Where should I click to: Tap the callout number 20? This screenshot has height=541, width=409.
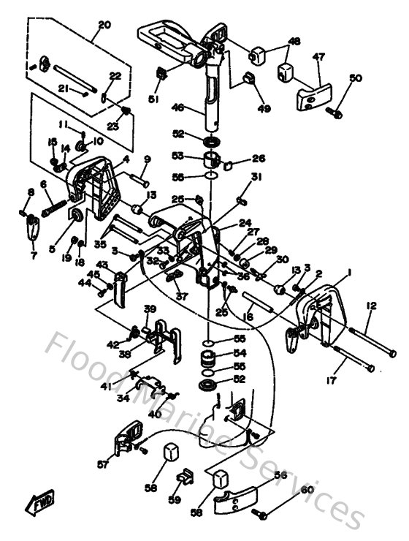pyautogui.click(x=104, y=24)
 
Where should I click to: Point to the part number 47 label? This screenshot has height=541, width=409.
pyautogui.click(x=319, y=56)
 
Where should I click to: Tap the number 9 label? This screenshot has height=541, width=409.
pyautogui.click(x=147, y=159)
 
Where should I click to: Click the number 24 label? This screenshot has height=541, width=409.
pyautogui.click(x=245, y=224)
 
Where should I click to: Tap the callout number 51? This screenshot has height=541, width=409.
pyautogui.click(x=154, y=99)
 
